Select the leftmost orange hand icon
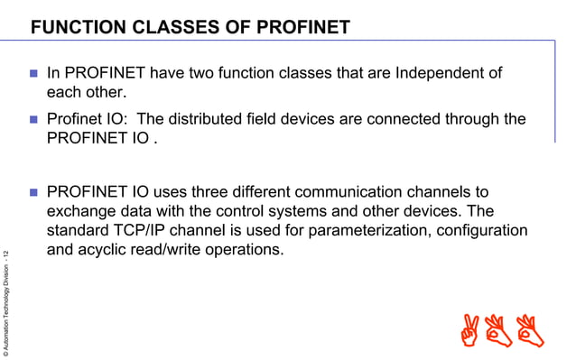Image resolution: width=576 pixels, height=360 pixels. (x=469, y=330)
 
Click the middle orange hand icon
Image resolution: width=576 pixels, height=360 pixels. (x=500, y=330)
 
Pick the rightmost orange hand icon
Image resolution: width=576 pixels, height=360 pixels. (x=531, y=330)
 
